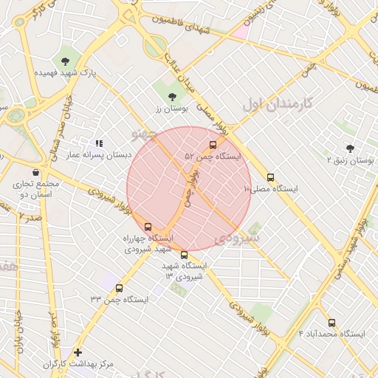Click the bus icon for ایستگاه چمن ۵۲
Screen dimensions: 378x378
tap(213, 145)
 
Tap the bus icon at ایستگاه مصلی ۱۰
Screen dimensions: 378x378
tap(270, 177)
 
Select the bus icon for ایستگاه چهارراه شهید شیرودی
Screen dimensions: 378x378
tap(148, 227)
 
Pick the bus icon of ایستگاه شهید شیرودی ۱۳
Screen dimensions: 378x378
tap(184, 255)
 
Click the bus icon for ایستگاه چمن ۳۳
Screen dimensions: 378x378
tap(119, 288)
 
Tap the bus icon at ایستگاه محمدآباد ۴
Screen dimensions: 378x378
tap(331, 323)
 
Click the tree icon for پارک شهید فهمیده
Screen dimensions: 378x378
tap(66, 61)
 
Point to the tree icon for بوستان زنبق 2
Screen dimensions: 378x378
tap(349, 148)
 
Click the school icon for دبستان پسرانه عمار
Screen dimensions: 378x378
tap(99, 143)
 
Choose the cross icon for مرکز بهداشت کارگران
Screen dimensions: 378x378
tap(78, 352)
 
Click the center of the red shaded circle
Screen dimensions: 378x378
tap(189, 189)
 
